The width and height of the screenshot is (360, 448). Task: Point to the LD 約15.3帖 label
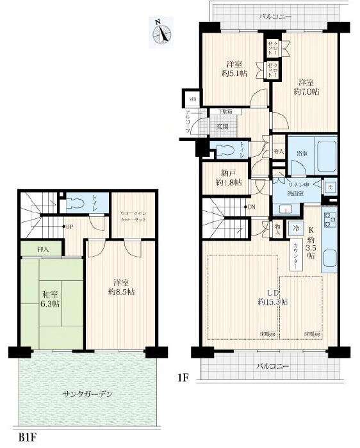click(272, 296)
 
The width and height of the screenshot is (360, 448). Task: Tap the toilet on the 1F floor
click(225, 150)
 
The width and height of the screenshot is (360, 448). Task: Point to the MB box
click(192, 99)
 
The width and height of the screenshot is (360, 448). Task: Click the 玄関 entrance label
click(222, 126)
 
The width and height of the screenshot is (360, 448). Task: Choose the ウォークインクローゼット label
click(134, 216)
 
